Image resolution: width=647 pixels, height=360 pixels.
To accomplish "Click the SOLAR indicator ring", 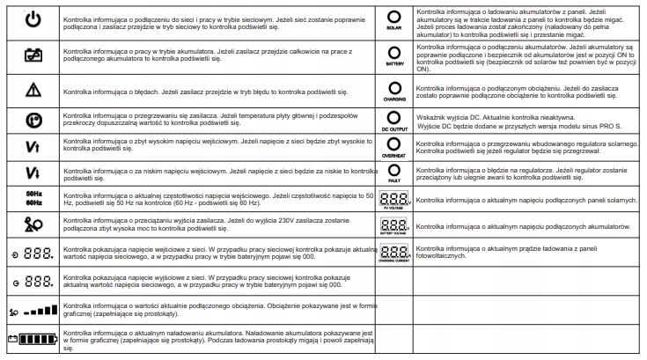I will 394,15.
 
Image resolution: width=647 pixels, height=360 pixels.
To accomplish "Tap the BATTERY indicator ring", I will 394,50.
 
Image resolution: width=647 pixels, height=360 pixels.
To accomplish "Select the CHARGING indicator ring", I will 394,85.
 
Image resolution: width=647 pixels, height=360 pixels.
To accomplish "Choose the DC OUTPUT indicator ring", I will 394,116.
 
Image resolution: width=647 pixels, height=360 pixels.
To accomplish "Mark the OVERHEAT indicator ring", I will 394,143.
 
